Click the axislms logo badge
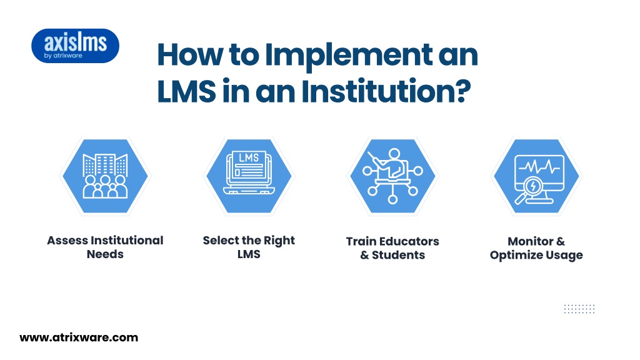[75, 46]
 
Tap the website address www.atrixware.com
[79, 337]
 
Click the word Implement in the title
[349, 56]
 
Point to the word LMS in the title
[186, 91]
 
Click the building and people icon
[105, 176]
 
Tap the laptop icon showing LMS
[249, 172]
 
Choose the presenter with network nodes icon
[392, 176]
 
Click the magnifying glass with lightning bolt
[529, 190]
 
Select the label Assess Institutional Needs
[105, 247]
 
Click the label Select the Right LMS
[249, 247]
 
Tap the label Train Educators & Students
[392, 248]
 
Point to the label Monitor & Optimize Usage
[536, 248]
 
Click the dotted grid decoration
[579, 309]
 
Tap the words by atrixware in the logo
[63, 56]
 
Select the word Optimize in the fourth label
[514, 256]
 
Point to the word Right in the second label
[279, 241]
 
